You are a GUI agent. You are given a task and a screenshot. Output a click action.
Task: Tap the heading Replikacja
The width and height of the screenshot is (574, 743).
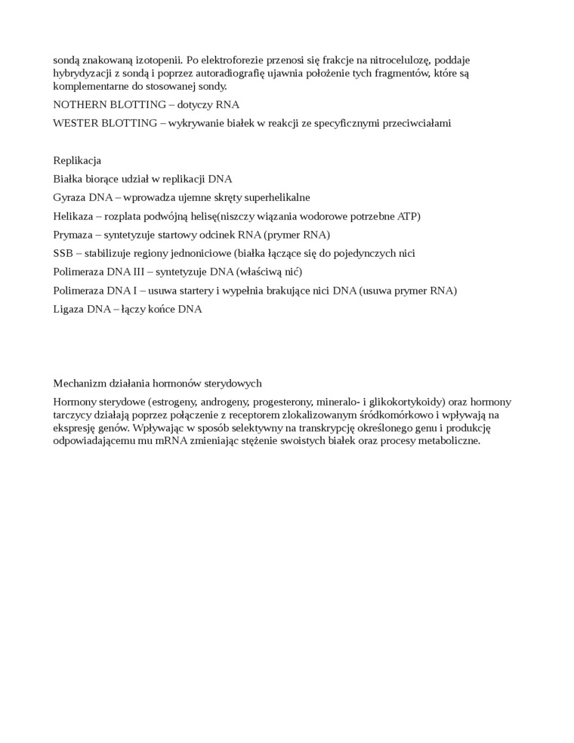click(x=77, y=160)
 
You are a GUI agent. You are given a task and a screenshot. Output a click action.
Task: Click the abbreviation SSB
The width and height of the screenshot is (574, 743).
click(x=63, y=253)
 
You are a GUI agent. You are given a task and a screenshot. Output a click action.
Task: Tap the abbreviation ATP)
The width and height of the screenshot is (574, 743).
click(x=409, y=216)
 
